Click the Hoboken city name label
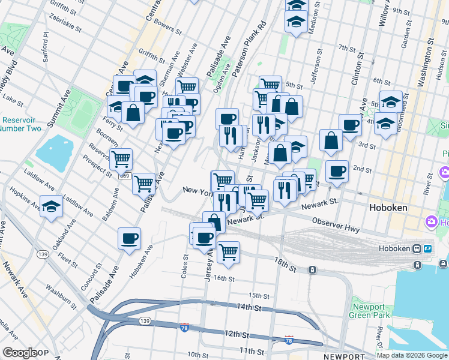click(x=387, y=208)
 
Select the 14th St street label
click(x=249, y=307)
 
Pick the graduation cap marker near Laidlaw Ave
click(x=52, y=207)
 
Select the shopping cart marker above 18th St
click(x=228, y=252)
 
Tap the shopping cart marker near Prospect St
click(x=121, y=158)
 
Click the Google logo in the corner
click(x=20, y=353)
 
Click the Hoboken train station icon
click(x=417, y=248)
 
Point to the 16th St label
click(x=223, y=278)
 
